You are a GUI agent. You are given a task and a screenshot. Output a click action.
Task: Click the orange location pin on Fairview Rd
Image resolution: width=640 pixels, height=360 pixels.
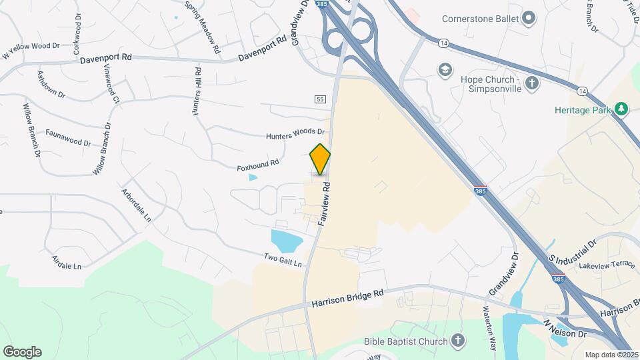click(320, 159)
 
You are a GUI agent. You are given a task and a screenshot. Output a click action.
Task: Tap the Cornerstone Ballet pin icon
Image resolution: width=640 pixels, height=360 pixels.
click(529, 18)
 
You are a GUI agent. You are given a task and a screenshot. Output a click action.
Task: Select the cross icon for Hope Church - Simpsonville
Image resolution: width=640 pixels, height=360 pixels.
click(532, 83)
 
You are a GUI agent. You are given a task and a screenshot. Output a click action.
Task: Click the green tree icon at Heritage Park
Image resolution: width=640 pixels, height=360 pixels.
click(621, 109)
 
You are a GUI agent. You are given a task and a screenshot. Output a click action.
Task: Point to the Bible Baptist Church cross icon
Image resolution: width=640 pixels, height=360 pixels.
click(457, 341)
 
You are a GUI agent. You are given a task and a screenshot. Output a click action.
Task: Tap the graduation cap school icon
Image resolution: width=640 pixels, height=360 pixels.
click(444, 69)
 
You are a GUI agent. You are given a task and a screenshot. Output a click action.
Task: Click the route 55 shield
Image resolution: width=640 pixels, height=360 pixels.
click(320, 99)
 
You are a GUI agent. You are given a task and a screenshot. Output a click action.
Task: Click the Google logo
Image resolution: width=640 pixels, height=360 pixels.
click(22, 352)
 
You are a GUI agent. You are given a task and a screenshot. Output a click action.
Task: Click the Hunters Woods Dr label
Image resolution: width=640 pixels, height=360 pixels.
click(295, 135)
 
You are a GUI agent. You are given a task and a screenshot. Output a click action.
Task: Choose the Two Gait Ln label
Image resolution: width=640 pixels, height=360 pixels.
click(283, 259)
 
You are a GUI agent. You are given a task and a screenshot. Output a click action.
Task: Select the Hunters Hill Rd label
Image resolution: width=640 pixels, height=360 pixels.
click(197, 93)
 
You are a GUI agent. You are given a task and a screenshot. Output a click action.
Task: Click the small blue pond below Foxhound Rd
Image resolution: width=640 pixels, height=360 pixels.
click(253, 177)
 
